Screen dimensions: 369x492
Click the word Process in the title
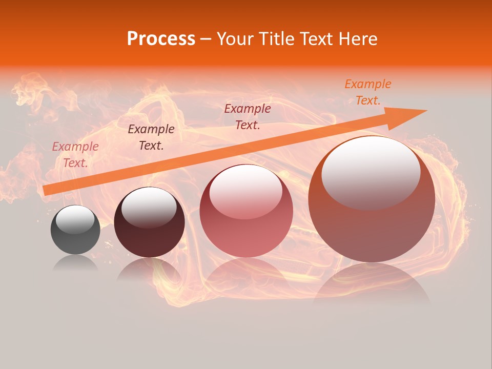[161, 39]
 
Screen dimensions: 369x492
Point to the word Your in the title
[235, 39]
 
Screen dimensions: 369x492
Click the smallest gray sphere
[75, 236]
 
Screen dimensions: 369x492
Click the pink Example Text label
[75, 155]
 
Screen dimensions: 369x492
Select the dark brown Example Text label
[151, 137]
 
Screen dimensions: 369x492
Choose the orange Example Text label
[368, 92]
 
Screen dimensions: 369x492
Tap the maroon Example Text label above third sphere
[248, 117]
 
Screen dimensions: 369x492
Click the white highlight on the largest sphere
[371, 172]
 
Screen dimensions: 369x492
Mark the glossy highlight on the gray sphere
[75, 219]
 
